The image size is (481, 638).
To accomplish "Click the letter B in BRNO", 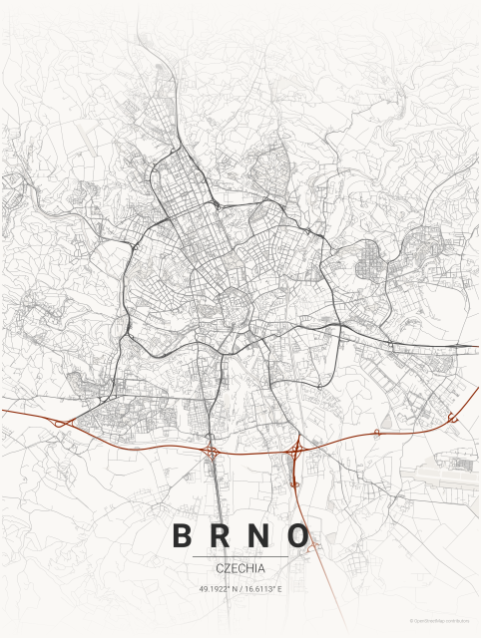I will pos(183,535).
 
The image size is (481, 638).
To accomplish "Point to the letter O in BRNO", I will pos(298,535).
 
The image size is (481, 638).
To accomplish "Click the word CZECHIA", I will pos(240,567).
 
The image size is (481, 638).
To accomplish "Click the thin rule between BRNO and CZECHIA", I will pos(240,555).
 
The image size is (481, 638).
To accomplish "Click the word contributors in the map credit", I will pos(457,620).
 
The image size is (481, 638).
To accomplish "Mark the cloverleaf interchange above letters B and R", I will pos(213,452).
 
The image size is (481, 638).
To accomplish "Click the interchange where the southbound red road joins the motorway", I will pos(296,452).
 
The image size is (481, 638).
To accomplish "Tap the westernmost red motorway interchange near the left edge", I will pos(62,423).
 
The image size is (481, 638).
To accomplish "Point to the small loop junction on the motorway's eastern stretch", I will pos(376,434).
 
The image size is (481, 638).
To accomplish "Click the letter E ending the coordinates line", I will pos(279,589).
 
